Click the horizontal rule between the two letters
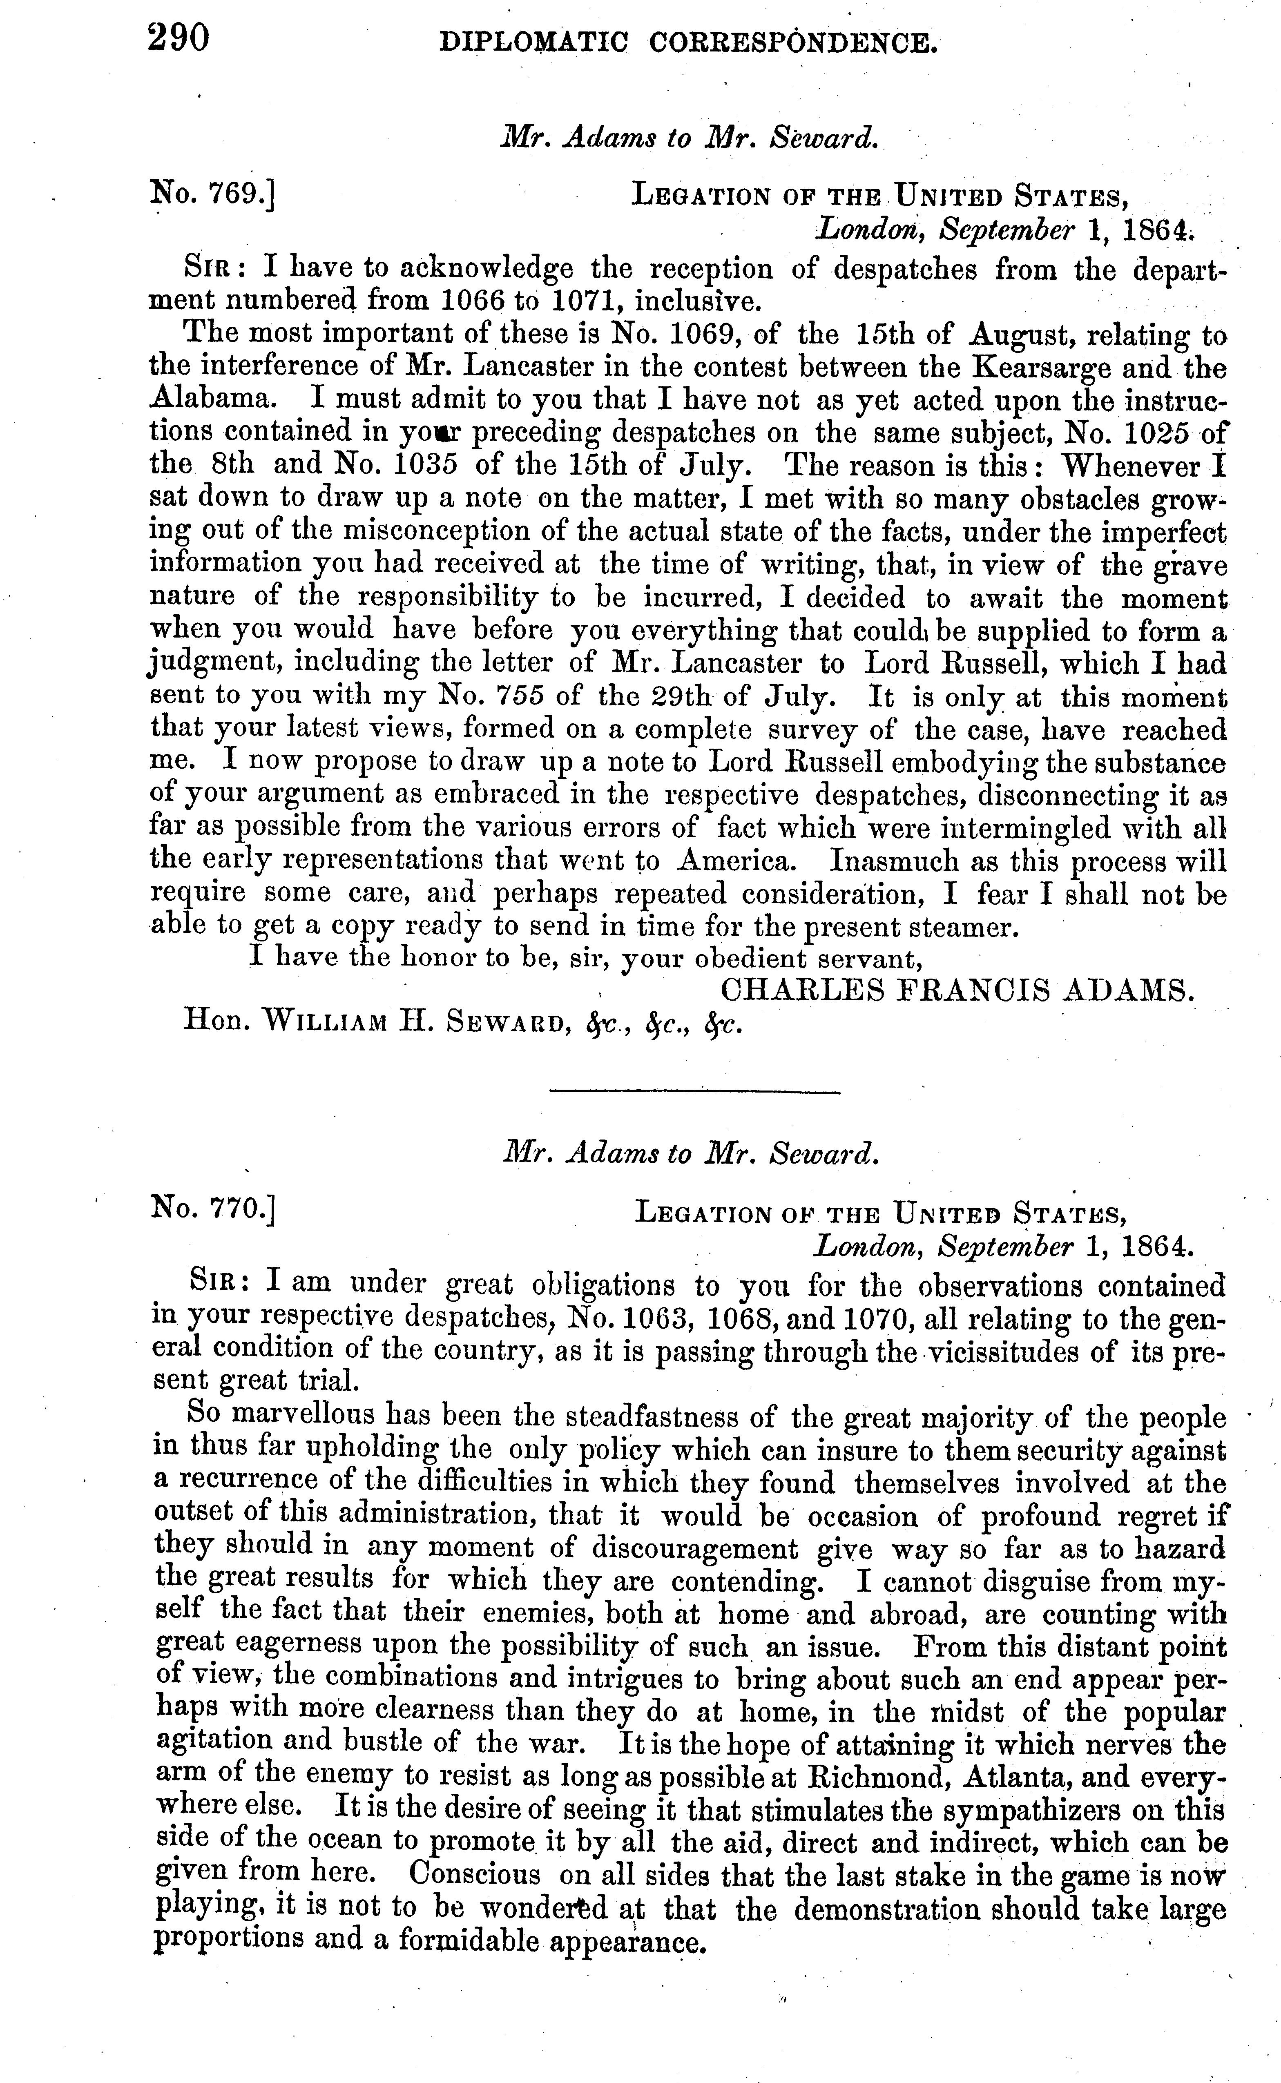pos(695,1092)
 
